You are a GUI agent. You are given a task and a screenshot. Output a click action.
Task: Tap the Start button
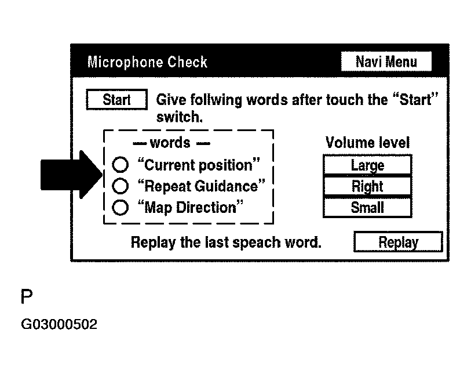(x=116, y=100)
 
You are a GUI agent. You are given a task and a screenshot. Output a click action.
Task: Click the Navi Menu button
(x=386, y=61)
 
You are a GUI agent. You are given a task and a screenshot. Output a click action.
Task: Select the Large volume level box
(x=367, y=165)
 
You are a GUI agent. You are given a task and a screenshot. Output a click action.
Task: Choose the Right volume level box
(x=367, y=186)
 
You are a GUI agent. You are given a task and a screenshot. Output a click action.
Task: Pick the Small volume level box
(x=367, y=207)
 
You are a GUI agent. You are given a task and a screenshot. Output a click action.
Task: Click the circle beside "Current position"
(x=120, y=165)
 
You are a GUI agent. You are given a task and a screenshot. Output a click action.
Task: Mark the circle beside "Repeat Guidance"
(x=120, y=186)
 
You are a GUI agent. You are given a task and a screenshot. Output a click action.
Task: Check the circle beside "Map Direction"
(x=120, y=207)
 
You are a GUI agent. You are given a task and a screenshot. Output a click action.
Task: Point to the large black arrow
(x=71, y=175)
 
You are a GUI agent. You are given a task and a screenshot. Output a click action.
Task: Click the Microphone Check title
(x=147, y=62)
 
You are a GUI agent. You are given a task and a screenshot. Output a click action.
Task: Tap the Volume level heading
(x=367, y=143)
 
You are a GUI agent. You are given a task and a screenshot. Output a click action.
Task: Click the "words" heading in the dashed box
(x=170, y=143)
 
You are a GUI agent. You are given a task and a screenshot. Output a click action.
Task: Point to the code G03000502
(x=59, y=324)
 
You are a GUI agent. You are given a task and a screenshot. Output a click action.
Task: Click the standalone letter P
(x=27, y=296)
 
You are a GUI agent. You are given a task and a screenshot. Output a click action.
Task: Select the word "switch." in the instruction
(x=180, y=117)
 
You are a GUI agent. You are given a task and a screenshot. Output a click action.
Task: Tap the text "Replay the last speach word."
(x=226, y=242)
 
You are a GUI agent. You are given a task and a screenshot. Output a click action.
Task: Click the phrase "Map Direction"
(x=191, y=207)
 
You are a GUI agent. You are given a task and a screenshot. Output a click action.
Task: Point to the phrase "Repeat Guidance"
(x=201, y=186)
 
